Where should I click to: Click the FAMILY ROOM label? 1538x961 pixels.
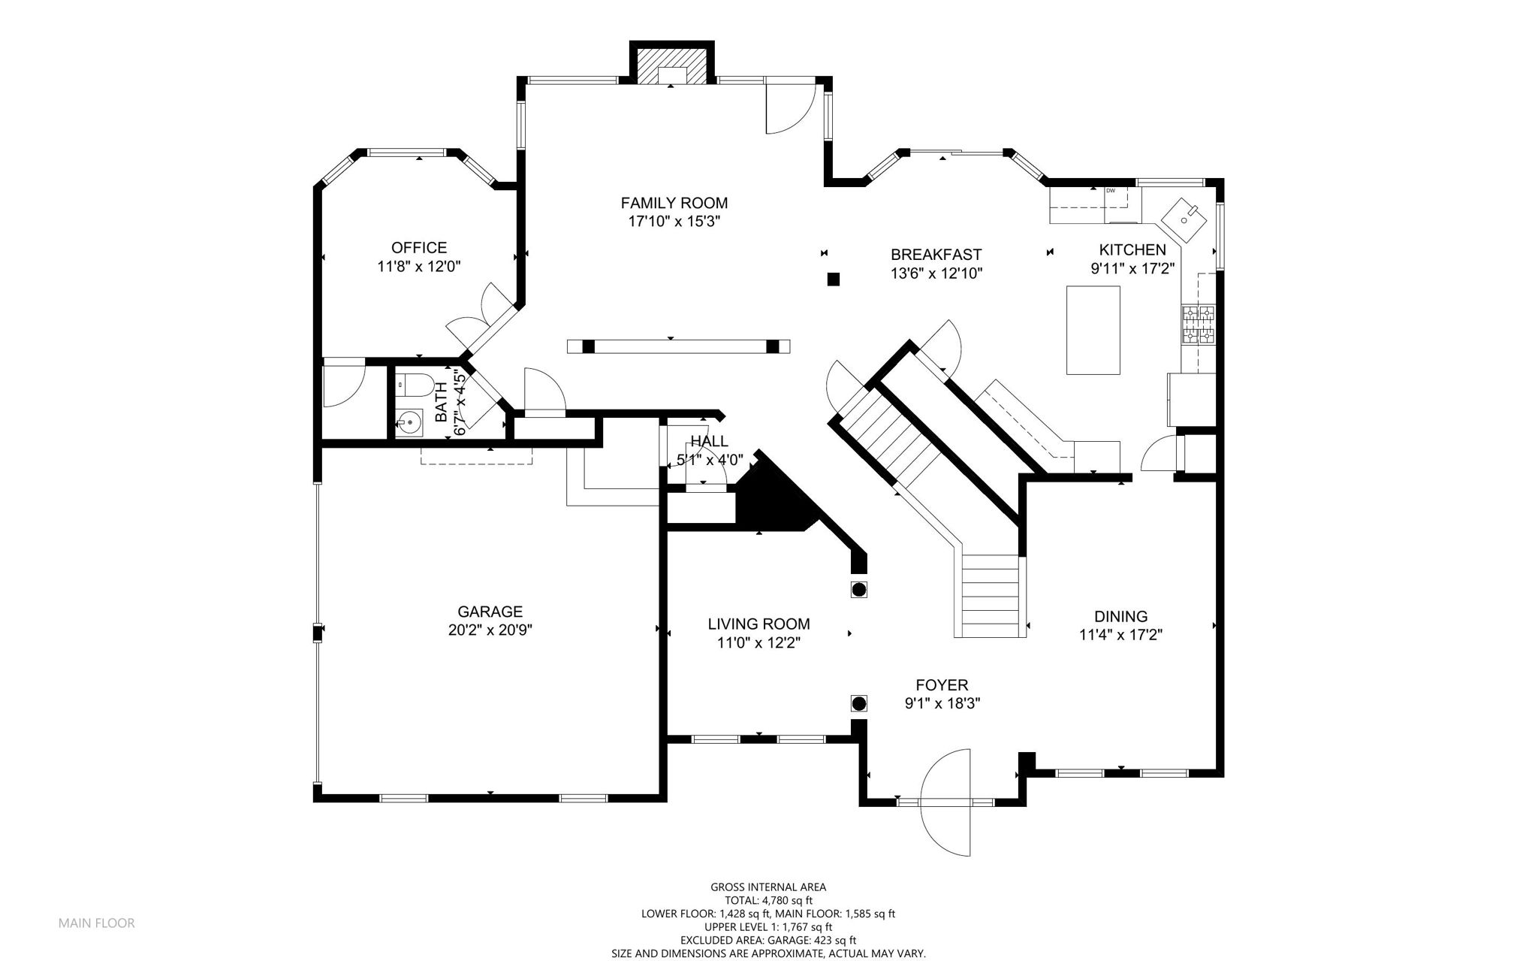click(x=674, y=203)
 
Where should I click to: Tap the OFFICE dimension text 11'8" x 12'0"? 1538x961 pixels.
click(x=419, y=266)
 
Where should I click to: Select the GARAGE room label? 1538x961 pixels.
click(x=490, y=612)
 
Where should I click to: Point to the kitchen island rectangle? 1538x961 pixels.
click(x=1093, y=330)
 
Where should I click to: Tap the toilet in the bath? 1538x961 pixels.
click(x=413, y=385)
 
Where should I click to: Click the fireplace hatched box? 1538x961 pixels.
click(x=671, y=66)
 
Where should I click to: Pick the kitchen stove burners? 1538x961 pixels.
click(x=1198, y=325)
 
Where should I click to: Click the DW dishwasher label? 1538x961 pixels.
click(x=1110, y=190)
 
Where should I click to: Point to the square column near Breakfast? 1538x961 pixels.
click(x=832, y=280)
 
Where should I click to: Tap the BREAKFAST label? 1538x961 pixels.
click(x=936, y=255)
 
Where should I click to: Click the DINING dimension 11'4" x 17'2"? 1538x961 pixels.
click(x=1120, y=635)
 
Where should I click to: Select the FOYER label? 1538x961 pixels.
click(x=942, y=685)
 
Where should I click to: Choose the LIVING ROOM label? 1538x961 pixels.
click(x=758, y=624)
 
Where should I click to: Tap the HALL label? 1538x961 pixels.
click(x=709, y=441)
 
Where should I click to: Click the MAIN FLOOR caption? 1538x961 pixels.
click(x=97, y=923)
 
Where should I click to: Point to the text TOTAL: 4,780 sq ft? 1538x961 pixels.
click(x=768, y=900)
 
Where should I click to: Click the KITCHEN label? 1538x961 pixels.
click(x=1132, y=250)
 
